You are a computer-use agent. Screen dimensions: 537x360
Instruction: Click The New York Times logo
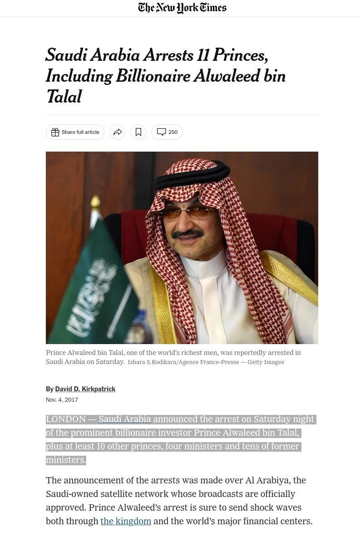point(182,8)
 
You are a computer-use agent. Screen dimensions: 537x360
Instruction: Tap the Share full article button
point(75,132)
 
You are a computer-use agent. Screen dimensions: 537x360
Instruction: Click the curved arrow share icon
point(118,132)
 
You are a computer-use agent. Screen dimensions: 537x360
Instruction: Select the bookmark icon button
point(138,132)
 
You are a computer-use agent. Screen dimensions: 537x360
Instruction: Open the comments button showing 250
point(167,132)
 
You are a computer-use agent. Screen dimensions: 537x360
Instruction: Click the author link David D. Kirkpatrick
point(85,389)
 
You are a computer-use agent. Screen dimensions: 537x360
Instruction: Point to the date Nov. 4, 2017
point(62,400)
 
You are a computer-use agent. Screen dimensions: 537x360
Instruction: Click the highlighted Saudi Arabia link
point(125,419)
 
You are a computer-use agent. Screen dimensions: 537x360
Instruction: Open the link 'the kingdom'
point(126,521)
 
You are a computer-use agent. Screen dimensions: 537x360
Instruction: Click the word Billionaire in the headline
point(153,76)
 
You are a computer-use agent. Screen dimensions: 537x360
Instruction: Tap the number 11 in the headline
point(203,55)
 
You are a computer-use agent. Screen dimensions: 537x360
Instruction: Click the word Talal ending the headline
point(64,97)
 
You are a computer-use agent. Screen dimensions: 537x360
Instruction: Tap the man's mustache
point(187,234)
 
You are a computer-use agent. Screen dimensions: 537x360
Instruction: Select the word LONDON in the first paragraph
point(66,419)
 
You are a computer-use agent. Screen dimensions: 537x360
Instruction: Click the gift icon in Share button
point(55,132)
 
